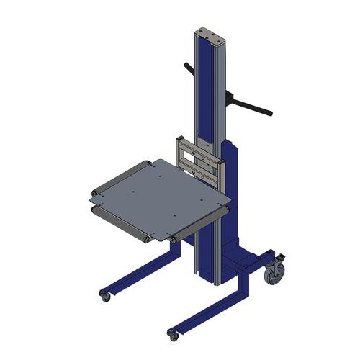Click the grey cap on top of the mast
pos(210,33)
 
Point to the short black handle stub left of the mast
pos(189,70)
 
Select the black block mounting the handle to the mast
pos(230,96)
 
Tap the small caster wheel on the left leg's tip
pos(105,296)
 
